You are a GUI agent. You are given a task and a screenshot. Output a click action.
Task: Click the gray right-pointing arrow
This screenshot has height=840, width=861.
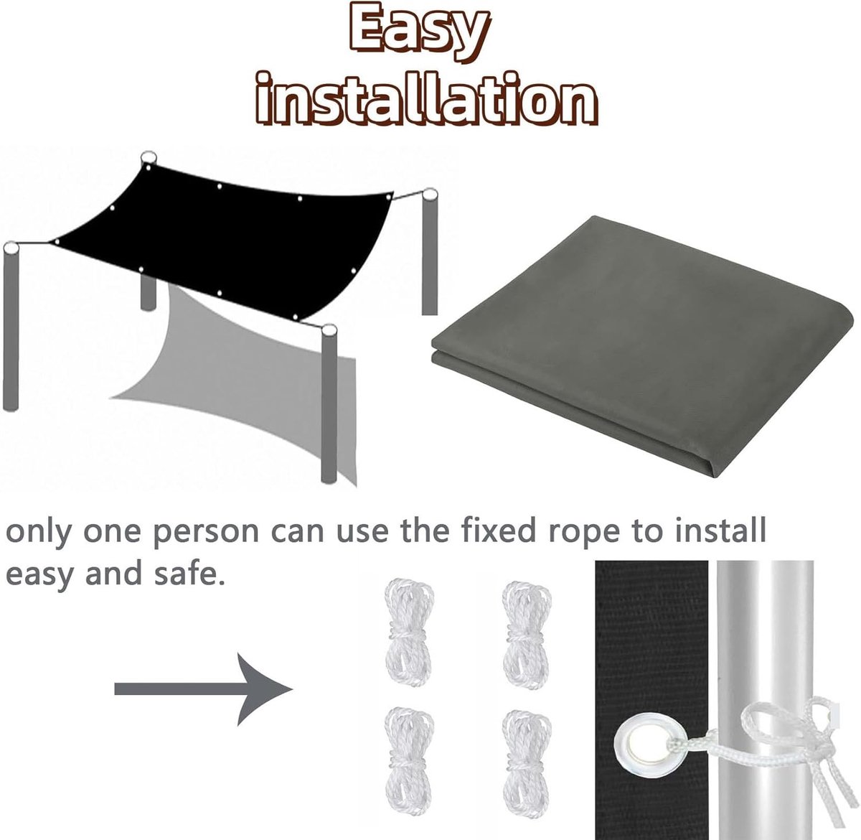tap(204, 689)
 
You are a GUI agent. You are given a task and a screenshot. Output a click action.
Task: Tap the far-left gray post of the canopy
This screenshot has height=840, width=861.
tap(11, 327)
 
